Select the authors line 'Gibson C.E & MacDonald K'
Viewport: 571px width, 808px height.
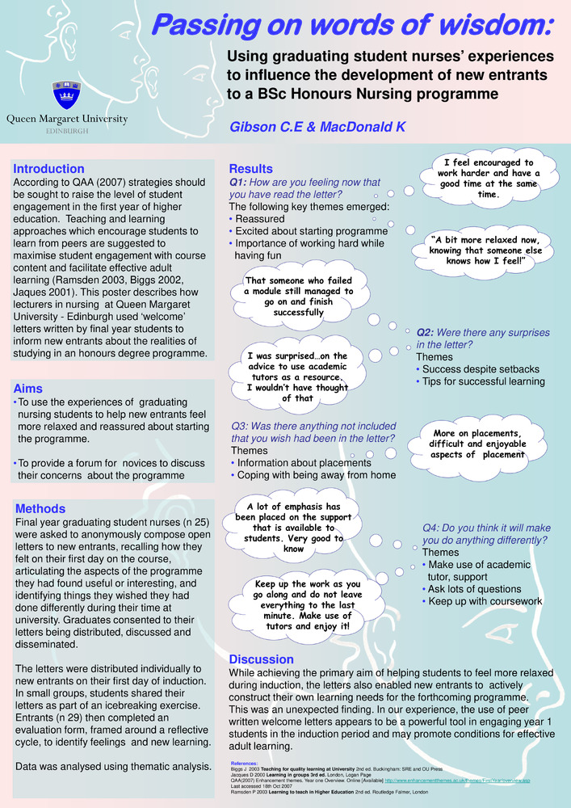tap(317, 127)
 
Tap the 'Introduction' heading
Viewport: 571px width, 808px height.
tap(48, 169)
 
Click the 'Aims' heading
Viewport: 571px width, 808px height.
tap(28, 389)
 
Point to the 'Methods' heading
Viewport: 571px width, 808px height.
tap(40, 509)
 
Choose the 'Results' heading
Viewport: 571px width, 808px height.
tap(251, 169)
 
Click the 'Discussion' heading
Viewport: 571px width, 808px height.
tap(262, 659)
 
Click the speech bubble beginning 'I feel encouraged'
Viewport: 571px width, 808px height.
tap(489, 179)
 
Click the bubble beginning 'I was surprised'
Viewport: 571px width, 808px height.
tap(298, 377)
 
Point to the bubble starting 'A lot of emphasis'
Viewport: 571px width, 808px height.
tap(294, 528)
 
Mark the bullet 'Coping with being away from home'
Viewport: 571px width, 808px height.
tap(316, 475)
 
